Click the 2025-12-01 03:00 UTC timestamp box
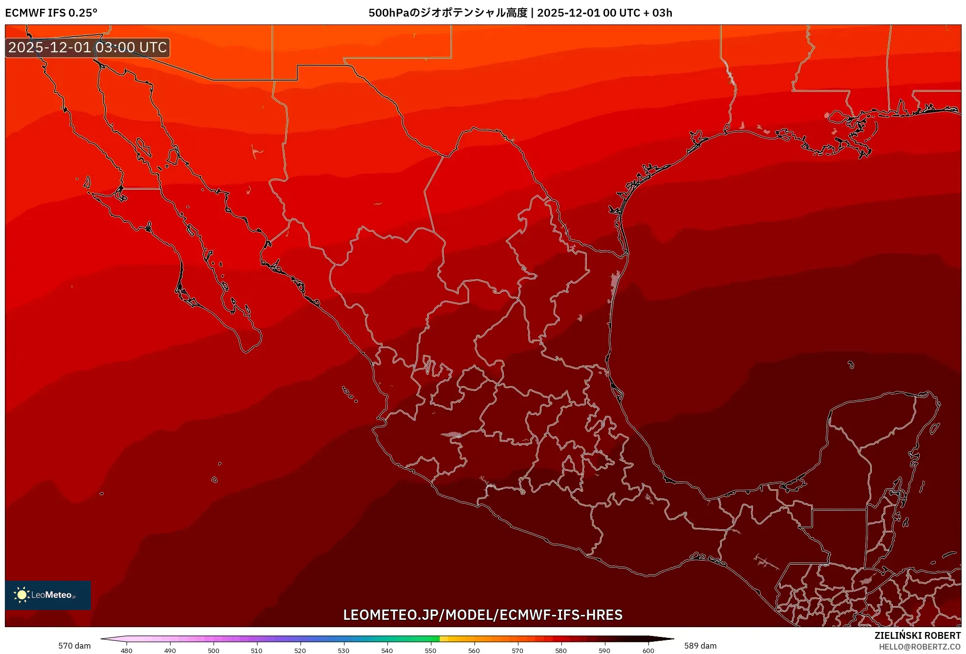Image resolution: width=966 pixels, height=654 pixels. (x=87, y=47)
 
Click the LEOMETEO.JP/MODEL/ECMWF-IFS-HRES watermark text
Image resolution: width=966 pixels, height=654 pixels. (x=483, y=615)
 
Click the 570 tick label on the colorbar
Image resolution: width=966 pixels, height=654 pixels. (x=517, y=651)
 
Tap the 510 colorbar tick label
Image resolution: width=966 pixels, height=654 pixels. (x=257, y=651)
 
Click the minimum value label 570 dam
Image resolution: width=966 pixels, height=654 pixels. (x=74, y=646)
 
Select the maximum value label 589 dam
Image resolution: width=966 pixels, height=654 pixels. (x=700, y=646)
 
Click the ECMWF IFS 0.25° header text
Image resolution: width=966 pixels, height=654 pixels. (x=51, y=13)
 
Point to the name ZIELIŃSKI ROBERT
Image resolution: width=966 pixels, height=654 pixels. (x=918, y=635)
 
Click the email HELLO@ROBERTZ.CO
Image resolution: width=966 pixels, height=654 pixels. (x=920, y=647)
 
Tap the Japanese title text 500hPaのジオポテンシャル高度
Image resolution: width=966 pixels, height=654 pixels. (x=448, y=13)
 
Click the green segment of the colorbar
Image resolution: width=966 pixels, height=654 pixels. (x=420, y=638)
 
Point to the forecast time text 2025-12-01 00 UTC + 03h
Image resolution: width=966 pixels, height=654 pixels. (x=605, y=13)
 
